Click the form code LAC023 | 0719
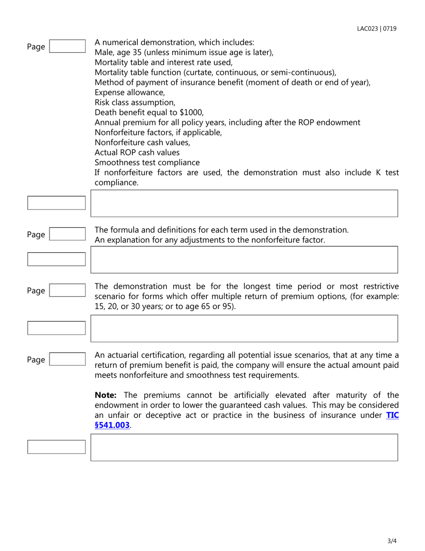pos(376,29)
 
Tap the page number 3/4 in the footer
pos(392,541)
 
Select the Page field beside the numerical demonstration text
pos(67,47)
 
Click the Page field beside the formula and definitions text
pos(67,234)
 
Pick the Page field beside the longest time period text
pos(67,291)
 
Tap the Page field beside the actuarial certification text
pos(67,360)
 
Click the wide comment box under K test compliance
pos(244,203)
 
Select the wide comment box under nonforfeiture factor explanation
pos(244,259)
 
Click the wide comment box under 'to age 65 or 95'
pos(244,328)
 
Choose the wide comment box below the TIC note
pos(244,447)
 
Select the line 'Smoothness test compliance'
pos(147,163)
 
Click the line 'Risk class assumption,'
pos(135,103)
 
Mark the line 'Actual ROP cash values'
pos(137,152)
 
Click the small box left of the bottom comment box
pos(56,447)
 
